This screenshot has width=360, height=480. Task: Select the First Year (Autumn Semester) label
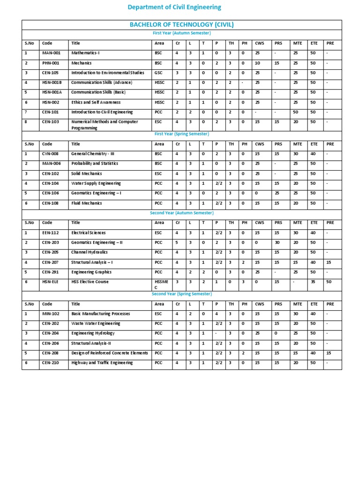[181, 33]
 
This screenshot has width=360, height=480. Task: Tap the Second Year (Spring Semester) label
[181, 293]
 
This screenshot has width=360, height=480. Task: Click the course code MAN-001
[51, 53]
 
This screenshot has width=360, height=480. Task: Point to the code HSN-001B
[52, 82]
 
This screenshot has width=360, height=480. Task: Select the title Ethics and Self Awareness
[96, 102]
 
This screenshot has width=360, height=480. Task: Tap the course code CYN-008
[50, 154]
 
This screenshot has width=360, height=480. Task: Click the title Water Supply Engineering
[96, 183]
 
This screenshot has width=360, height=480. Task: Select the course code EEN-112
[50, 232]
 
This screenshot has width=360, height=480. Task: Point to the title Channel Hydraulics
[89, 252]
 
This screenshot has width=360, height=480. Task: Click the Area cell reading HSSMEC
[159, 285]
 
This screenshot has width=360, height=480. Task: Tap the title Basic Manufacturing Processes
[100, 314]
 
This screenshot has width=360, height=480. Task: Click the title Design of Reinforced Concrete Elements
[109, 353]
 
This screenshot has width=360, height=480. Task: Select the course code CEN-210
[50, 363]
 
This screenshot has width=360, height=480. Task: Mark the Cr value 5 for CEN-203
[177, 242]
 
